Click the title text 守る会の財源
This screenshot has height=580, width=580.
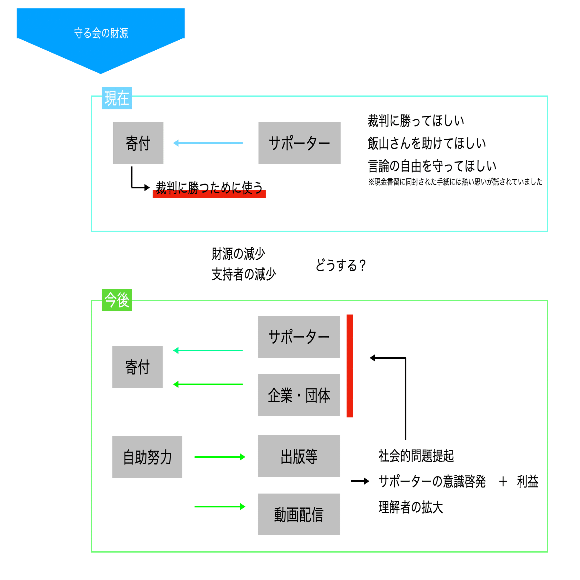point(101,33)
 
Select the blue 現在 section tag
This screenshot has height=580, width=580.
point(117,98)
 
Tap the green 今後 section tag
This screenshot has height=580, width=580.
point(117,300)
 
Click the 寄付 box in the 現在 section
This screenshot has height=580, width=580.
point(138,143)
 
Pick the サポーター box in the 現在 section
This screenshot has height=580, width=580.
point(299,143)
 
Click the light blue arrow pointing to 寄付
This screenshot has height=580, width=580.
point(208,143)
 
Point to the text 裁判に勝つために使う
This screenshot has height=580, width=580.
point(209,188)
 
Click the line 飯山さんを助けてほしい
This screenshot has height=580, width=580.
point(427,143)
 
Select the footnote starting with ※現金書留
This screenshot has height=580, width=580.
point(455,182)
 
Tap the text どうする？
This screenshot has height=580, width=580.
point(340,265)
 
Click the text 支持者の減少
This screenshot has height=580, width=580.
point(244,274)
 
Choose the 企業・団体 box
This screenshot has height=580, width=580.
point(299,395)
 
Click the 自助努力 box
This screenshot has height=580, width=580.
point(147,457)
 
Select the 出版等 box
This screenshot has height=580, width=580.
point(299,456)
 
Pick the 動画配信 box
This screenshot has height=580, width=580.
point(299,514)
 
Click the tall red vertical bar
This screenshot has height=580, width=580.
point(350,366)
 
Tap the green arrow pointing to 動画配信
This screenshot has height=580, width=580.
point(220,506)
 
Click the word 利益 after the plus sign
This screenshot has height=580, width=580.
point(528,481)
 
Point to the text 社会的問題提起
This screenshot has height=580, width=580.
point(416,456)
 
